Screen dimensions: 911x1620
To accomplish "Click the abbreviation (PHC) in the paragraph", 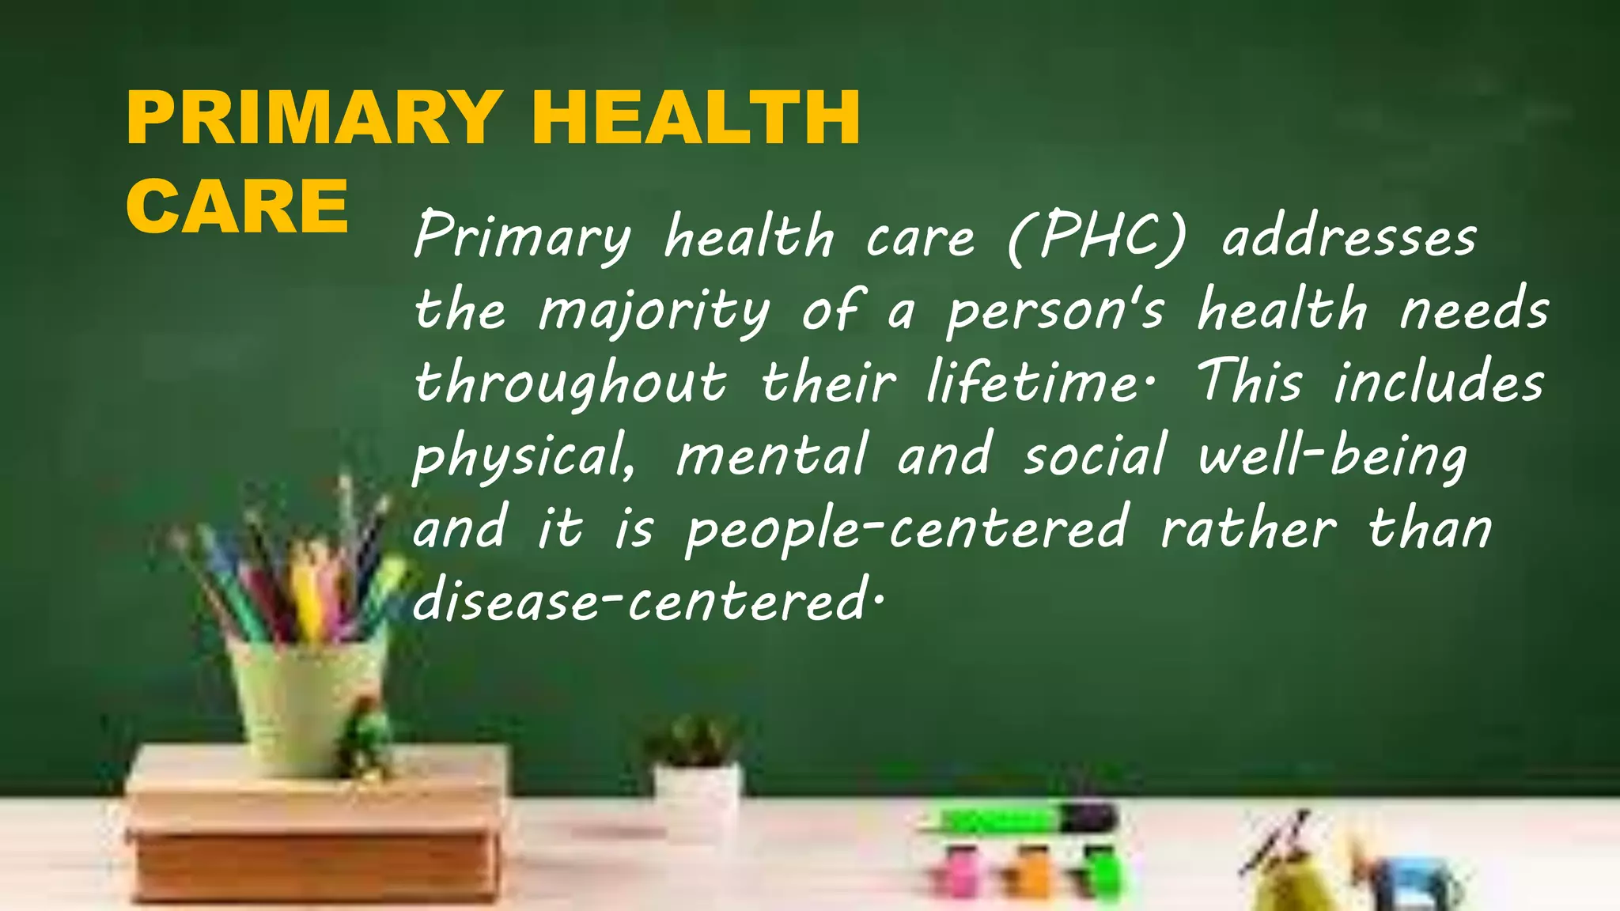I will [x=1097, y=236].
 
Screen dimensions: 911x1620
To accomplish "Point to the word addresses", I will [x=1349, y=236].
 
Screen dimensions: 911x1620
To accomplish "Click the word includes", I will [x=1439, y=381].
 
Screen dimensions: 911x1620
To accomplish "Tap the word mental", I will [x=772, y=455].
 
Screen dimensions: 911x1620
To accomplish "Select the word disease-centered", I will [x=644, y=602].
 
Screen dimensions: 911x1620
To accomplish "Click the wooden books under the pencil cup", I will [x=316, y=830].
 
